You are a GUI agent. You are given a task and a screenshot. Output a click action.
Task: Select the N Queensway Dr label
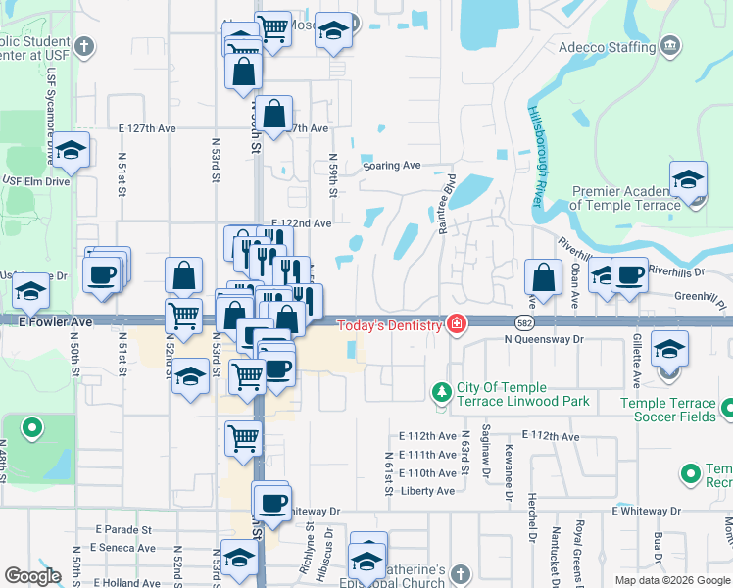[x=544, y=339]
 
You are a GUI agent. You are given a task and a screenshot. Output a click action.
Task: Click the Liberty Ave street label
[x=428, y=491]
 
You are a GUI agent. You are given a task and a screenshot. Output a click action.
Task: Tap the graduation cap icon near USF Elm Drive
[x=71, y=151]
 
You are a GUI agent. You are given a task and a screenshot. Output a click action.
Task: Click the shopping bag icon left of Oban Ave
[x=544, y=278]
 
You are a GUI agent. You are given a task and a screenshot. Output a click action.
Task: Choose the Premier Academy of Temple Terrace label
[x=625, y=199]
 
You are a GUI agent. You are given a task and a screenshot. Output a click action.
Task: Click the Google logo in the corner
[x=33, y=576]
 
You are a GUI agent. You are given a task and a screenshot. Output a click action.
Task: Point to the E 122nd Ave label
[x=301, y=223]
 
